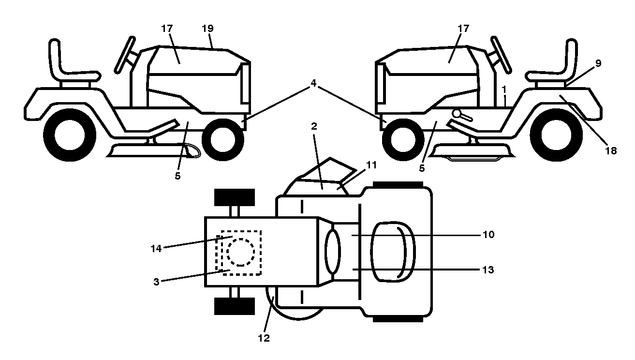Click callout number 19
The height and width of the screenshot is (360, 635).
tap(207, 29)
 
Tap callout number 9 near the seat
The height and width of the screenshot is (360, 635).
tap(598, 63)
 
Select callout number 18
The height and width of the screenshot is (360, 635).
tap(611, 150)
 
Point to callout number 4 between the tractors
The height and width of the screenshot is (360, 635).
tap(313, 83)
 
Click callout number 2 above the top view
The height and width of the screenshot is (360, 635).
tap(314, 126)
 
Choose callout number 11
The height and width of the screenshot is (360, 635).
tap(371, 165)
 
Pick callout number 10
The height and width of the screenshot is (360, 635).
tap(488, 235)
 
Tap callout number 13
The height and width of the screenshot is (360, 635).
tap(488, 270)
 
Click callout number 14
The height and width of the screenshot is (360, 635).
tap(156, 249)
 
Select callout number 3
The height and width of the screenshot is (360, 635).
tap(156, 282)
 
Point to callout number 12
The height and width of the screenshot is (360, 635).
tap(264, 338)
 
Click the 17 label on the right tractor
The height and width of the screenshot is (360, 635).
tap(463, 29)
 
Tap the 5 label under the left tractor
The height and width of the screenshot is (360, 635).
tap(177, 176)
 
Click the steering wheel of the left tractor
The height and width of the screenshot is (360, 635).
tap(125, 55)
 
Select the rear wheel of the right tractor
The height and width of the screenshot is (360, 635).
tap(556, 135)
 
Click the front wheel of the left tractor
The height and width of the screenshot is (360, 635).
tap(223, 139)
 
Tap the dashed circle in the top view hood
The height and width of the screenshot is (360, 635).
tap(240, 252)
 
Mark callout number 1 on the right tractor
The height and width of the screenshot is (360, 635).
tap(504, 90)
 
